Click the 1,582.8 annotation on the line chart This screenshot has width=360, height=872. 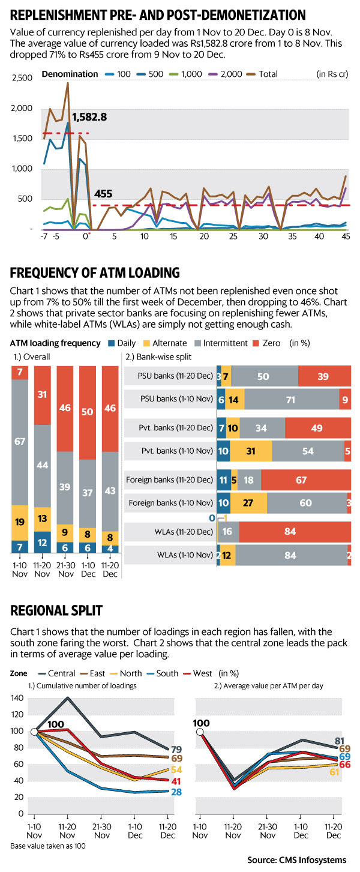coord(90,117)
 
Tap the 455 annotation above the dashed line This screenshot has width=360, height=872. coord(104,194)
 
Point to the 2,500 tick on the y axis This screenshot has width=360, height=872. coord(21,79)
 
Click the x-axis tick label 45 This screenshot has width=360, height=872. coord(346,237)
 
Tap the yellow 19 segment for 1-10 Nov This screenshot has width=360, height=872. coord(20,522)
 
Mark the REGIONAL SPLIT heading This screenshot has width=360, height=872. coord(56,611)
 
